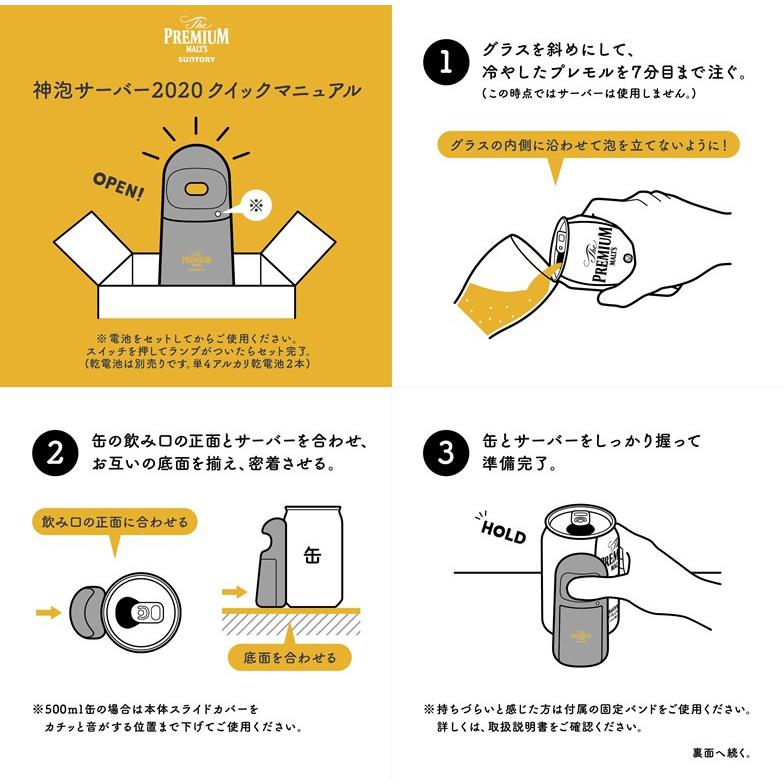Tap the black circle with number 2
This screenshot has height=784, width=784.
click(52, 452)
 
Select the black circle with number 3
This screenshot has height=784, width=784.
click(445, 452)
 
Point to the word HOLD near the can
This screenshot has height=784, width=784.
click(502, 531)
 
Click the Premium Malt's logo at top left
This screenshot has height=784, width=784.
click(196, 37)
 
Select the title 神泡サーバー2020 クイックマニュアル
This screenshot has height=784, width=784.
click(196, 91)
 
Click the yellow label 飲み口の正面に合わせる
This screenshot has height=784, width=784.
click(114, 522)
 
